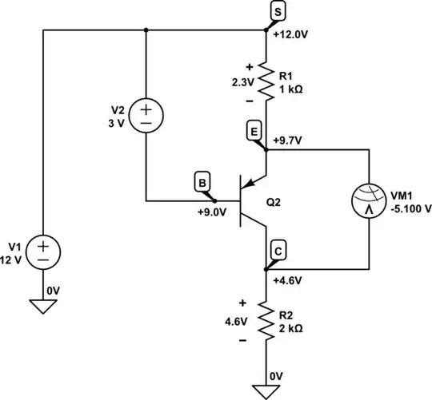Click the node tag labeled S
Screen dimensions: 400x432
[x=276, y=11]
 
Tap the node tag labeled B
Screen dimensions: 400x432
[x=202, y=183]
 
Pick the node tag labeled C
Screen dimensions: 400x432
[x=277, y=249]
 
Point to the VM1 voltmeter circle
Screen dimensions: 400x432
[x=369, y=208]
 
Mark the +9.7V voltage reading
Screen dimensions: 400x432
[x=287, y=140]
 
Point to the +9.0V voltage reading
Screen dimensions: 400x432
[x=213, y=212]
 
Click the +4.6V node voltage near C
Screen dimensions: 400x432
[x=287, y=280]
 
